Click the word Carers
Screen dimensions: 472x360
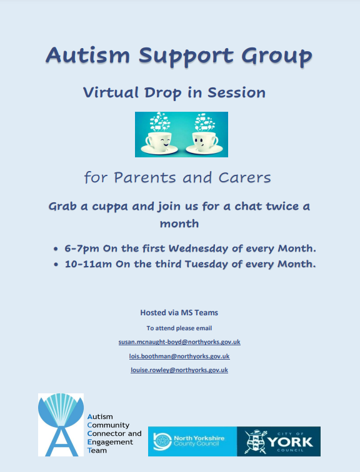(245, 178)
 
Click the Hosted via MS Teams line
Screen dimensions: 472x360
(179, 313)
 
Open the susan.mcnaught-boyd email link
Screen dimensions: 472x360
(179, 342)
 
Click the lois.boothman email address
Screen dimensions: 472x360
(179, 356)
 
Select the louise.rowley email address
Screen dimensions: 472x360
(179, 370)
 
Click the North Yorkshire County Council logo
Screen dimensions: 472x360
(192, 441)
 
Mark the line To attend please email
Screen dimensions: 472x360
(179, 328)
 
